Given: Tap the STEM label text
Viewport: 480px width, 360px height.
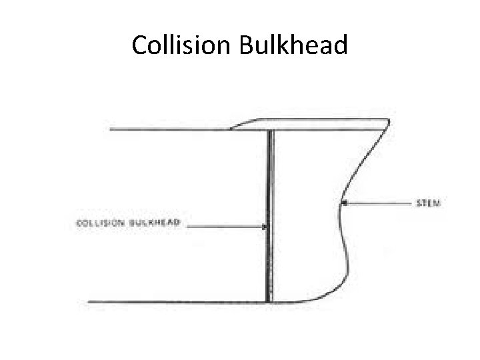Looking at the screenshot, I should [428, 201].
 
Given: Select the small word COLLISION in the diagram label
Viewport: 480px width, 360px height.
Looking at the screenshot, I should [102, 222].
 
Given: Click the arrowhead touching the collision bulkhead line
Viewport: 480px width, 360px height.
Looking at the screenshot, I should [265, 227].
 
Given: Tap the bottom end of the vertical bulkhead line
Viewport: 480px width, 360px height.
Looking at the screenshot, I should [269, 301].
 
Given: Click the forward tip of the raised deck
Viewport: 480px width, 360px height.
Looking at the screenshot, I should [387, 121].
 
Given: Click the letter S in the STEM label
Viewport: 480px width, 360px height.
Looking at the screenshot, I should [419, 201].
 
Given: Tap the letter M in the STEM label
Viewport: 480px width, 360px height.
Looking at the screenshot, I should [437, 201].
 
